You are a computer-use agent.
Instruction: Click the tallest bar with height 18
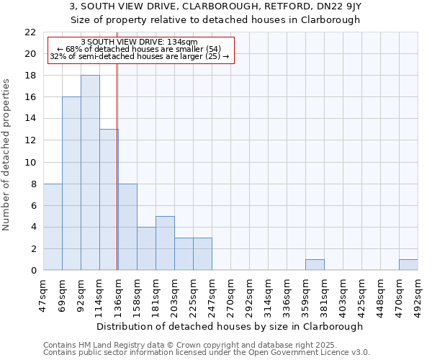[90, 173]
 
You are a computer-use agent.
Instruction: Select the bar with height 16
[71, 184]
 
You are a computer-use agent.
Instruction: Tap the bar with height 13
[109, 199]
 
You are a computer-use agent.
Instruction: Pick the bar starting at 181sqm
[165, 243]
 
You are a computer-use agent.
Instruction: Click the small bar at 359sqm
[315, 264]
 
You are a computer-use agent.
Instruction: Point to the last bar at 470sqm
[408, 264]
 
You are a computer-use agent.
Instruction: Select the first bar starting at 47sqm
[53, 227]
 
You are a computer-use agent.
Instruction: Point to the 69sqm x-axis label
[62, 294]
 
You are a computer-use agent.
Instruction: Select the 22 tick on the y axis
[30, 32]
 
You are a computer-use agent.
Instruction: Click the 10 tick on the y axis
[30, 162]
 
